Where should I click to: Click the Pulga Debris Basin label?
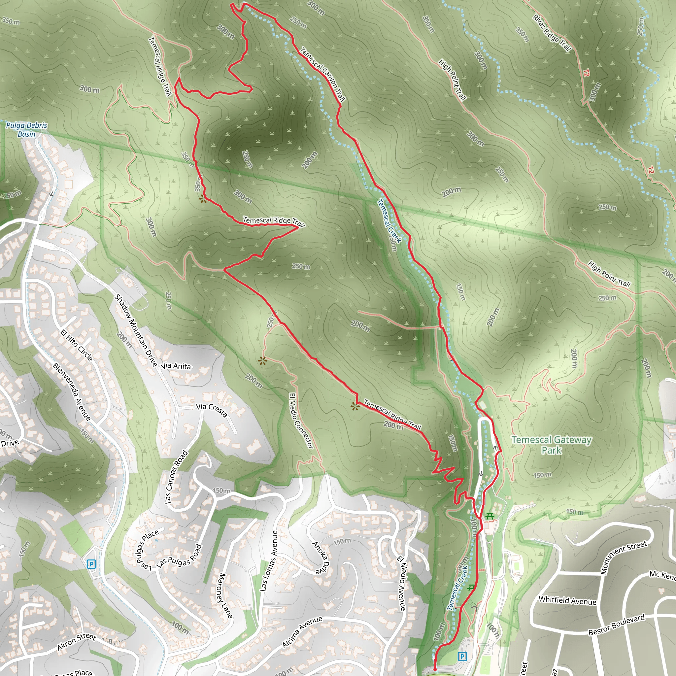tap(27, 129)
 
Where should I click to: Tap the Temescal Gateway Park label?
tap(552, 445)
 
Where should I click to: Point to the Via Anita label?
tap(176, 366)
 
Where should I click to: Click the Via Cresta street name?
tap(211, 410)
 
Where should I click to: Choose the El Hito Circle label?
tap(77, 345)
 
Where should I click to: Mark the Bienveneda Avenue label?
tap(72, 391)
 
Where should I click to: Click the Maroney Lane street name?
tap(225, 595)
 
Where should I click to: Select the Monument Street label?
tap(624, 557)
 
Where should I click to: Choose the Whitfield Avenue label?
tap(567, 601)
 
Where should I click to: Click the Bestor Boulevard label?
tap(616, 625)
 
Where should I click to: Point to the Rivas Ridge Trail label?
tap(552, 33)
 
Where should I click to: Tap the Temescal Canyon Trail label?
tap(322, 74)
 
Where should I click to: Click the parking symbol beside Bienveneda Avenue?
tap(91, 564)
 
